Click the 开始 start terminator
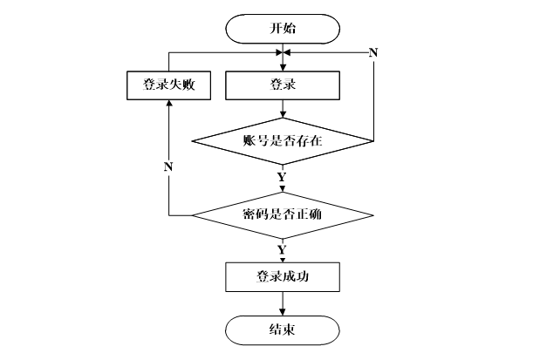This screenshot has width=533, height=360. pyautogui.click(x=283, y=29)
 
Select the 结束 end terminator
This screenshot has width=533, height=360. pyautogui.click(x=283, y=330)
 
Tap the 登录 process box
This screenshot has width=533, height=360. pyautogui.click(x=283, y=85)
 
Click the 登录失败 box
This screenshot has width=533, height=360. pyautogui.click(x=168, y=85)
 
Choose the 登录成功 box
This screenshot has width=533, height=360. pyautogui.click(x=283, y=277)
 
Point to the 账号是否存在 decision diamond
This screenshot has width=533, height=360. pyautogui.click(x=283, y=141)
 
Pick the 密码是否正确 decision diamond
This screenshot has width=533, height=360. pyautogui.click(x=283, y=215)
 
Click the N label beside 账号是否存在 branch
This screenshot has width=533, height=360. pyautogui.click(x=373, y=52)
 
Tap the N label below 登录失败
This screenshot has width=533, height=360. pyautogui.click(x=168, y=166)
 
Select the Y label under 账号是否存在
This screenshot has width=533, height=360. pyautogui.click(x=282, y=177)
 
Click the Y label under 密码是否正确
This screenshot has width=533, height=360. pyautogui.click(x=282, y=250)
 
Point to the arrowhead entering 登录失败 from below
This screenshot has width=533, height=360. pyautogui.click(x=168, y=103)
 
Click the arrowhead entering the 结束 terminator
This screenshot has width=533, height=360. pyautogui.click(x=283, y=312)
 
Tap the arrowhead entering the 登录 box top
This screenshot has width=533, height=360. pyautogui.click(x=283, y=67)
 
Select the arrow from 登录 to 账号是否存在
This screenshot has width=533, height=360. pyautogui.click(x=283, y=109)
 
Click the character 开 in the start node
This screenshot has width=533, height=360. pyautogui.click(x=276, y=28)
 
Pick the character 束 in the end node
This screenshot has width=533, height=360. pyautogui.click(x=289, y=329)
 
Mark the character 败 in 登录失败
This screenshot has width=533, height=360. pyautogui.click(x=188, y=85)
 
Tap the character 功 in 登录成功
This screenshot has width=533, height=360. pyautogui.click(x=302, y=276)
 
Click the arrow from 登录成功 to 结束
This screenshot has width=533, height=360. pyautogui.click(x=283, y=303)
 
